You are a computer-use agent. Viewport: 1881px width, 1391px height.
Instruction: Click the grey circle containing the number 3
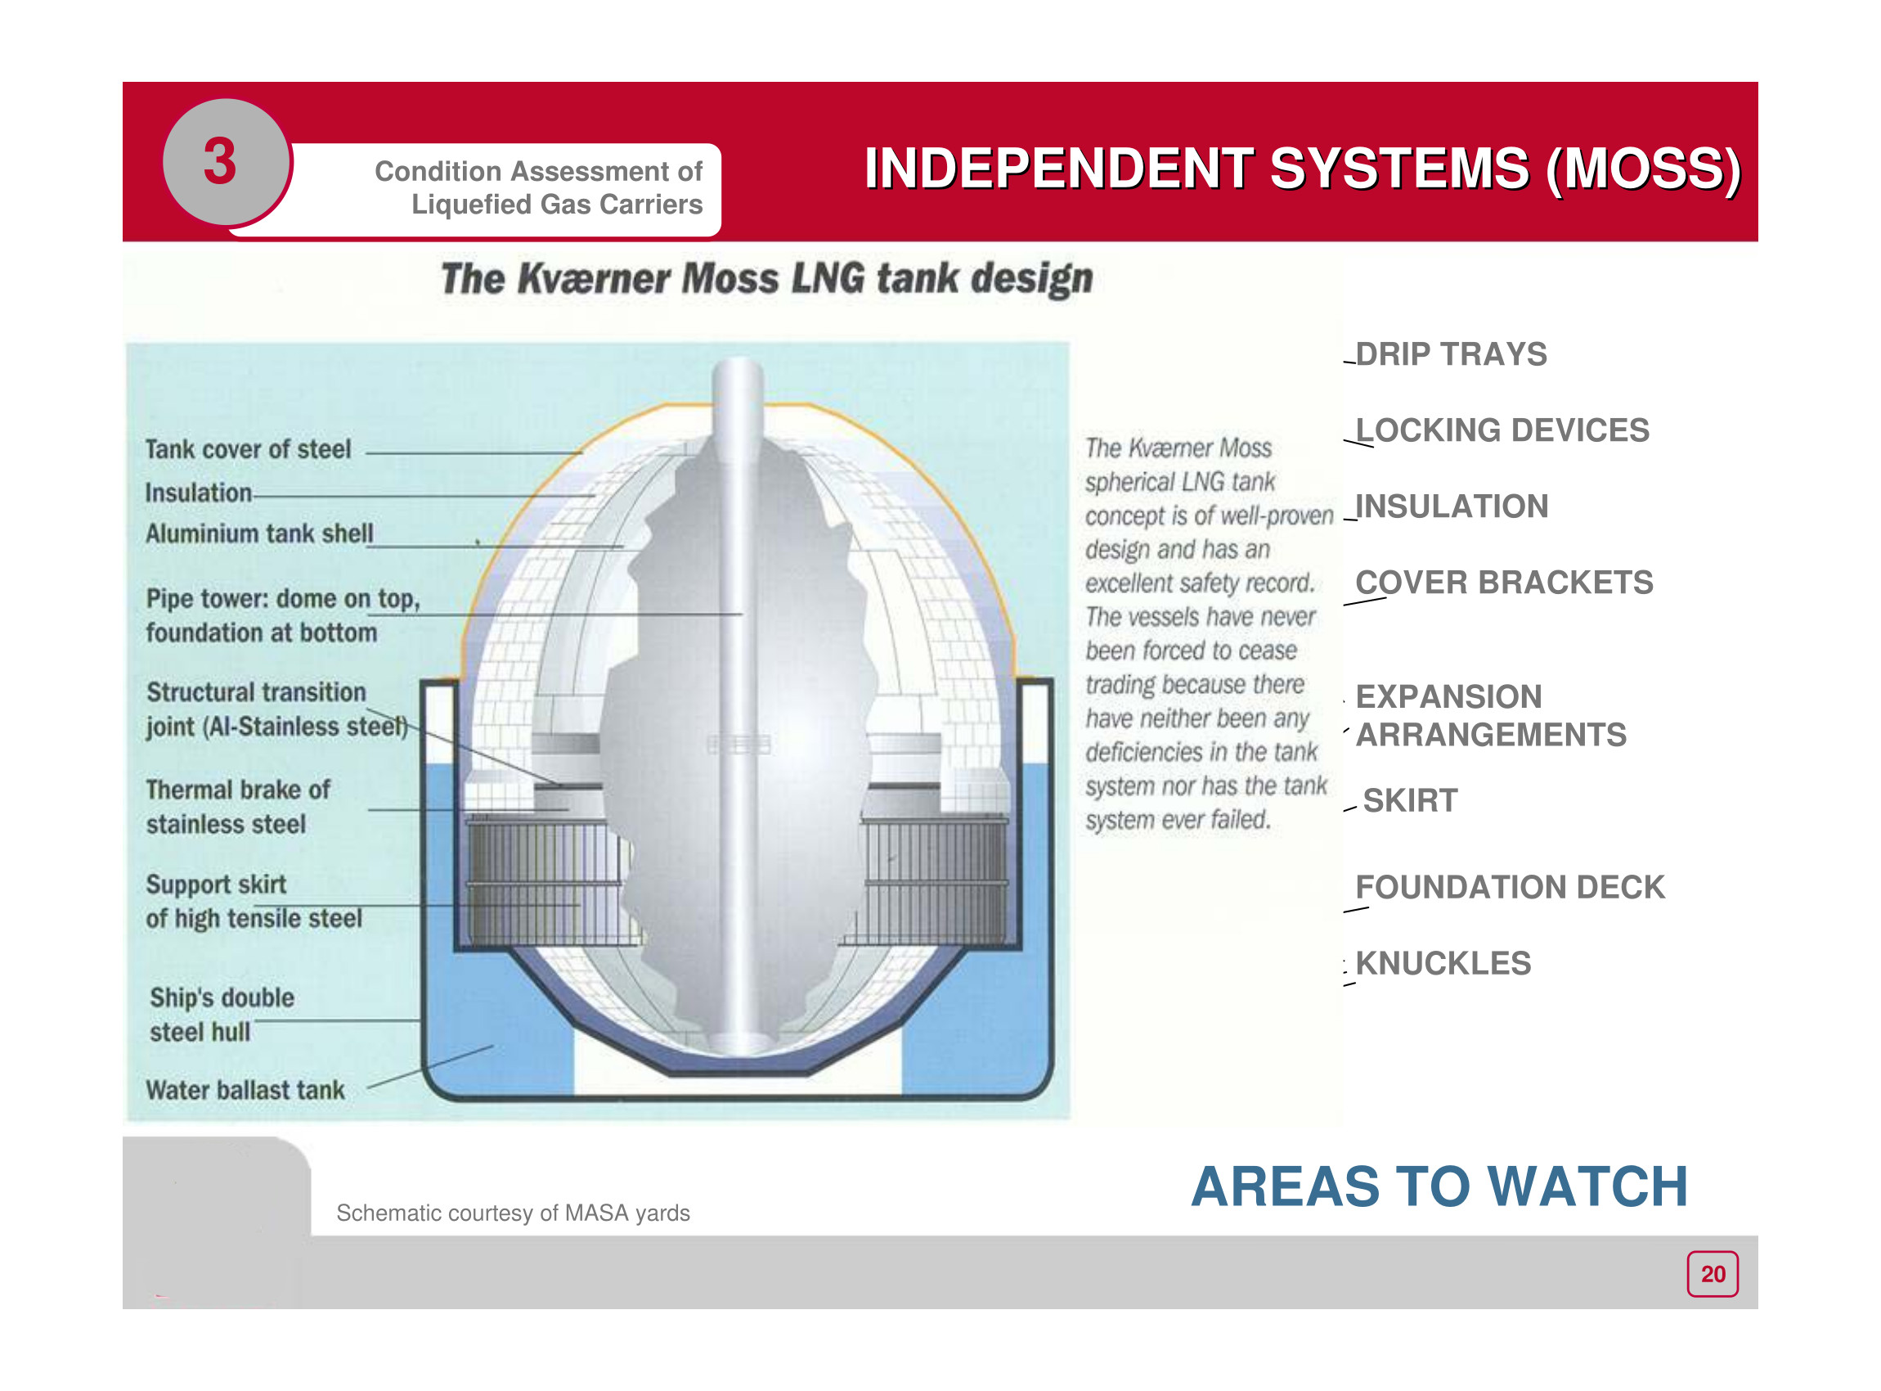coord(226,162)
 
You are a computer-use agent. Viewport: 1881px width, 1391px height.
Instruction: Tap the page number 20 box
coord(1712,1274)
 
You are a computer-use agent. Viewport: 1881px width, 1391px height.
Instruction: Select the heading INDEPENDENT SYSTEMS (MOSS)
coord(1302,169)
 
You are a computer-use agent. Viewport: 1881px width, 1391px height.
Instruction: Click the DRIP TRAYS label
coord(1450,354)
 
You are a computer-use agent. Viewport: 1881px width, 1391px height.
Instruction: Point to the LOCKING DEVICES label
coord(1502,430)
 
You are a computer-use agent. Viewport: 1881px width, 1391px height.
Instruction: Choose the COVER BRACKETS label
coord(1503,583)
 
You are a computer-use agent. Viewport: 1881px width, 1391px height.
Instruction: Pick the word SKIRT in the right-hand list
coord(1410,801)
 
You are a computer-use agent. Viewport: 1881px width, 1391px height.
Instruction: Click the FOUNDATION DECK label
coord(1510,888)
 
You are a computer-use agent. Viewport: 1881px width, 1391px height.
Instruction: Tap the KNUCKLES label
coord(1443,963)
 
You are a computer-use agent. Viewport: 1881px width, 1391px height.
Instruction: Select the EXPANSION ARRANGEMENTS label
coord(1491,716)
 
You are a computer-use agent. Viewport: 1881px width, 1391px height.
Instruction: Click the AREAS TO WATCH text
coord(1439,1186)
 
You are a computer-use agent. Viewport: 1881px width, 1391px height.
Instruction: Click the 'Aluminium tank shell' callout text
coord(259,533)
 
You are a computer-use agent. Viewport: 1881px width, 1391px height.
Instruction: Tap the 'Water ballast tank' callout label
coord(245,1091)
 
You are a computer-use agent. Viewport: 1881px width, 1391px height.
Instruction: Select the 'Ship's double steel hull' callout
coord(222,1015)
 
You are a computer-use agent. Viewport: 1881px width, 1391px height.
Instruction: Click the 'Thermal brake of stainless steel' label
coord(238,807)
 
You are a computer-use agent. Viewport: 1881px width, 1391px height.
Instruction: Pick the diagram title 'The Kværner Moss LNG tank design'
coord(766,279)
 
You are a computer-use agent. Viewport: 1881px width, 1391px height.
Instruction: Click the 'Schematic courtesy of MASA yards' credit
coord(513,1213)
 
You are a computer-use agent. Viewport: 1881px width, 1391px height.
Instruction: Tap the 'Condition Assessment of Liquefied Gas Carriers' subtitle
coord(539,187)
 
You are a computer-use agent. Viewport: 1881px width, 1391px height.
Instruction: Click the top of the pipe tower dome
coord(738,360)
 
